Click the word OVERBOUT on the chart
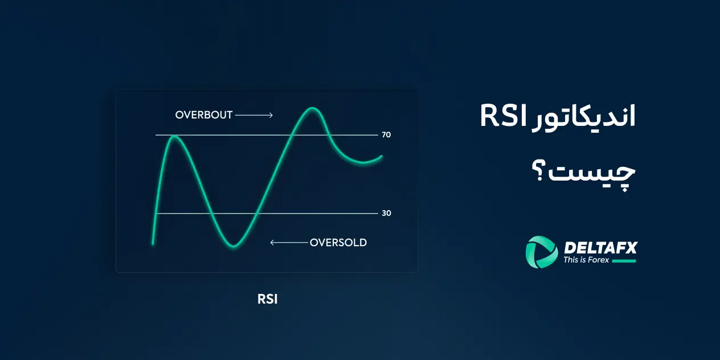tap(204, 115)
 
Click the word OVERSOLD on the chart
tap(338, 243)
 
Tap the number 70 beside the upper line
tap(387, 135)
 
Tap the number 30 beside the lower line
tap(387, 213)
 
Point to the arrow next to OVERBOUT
tap(254, 115)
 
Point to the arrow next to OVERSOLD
tap(288, 243)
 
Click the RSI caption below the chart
tap(267, 299)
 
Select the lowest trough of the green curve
tap(235, 246)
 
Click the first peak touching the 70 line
tap(174, 137)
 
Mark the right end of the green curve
tap(381, 156)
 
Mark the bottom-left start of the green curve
tap(153, 243)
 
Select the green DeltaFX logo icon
tap(541, 252)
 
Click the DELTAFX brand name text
tap(600, 247)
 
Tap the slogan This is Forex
tap(586, 260)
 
